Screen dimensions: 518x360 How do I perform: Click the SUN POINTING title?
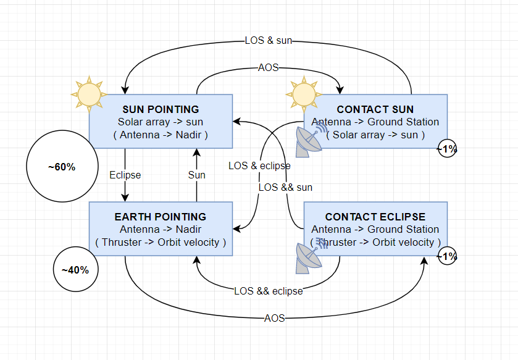click(161, 109)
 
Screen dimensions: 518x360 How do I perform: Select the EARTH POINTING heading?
click(161, 217)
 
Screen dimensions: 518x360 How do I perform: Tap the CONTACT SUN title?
click(375, 109)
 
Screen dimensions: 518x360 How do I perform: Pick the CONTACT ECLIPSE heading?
click(375, 217)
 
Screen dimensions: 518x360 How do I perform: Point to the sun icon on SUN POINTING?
click(89, 94)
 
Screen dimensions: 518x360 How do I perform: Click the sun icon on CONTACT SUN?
click(304, 94)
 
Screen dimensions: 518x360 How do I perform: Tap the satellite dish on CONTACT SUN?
click(311, 140)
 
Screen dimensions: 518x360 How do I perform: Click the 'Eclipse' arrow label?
click(125, 175)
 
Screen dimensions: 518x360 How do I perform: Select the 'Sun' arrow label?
click(196, 175)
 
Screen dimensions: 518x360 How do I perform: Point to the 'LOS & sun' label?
click(268, 40)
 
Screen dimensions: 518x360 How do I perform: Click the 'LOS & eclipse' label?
click(259, 165)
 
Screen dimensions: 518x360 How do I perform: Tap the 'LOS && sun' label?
click(285, 187)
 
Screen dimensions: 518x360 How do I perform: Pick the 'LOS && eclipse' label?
click(268, 291)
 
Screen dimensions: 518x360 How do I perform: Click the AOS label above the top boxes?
click(268, 67)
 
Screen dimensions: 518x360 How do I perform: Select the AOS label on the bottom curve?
click(274, 318)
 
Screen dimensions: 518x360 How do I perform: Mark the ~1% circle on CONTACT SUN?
click(447, 140)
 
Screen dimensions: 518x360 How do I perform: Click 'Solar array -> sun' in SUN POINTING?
click(161, 122)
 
